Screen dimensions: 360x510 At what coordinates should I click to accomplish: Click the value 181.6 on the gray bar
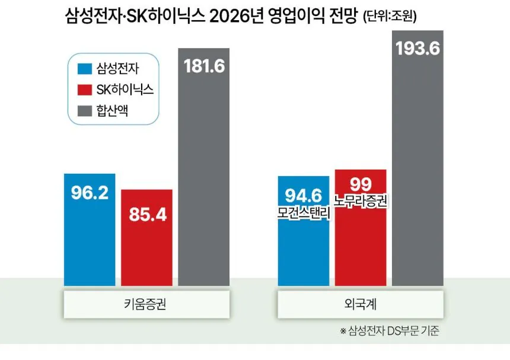(204, 66)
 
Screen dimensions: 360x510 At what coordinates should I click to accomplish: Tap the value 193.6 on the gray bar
(418, 49)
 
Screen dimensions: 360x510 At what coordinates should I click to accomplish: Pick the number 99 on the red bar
(360, 184)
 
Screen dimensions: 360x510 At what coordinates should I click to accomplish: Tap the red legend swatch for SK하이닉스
(84, 90)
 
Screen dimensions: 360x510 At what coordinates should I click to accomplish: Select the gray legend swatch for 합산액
(84, 110)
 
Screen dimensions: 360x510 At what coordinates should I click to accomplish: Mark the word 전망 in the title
(339, 17)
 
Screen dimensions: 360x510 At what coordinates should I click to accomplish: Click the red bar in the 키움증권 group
(147, 237)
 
